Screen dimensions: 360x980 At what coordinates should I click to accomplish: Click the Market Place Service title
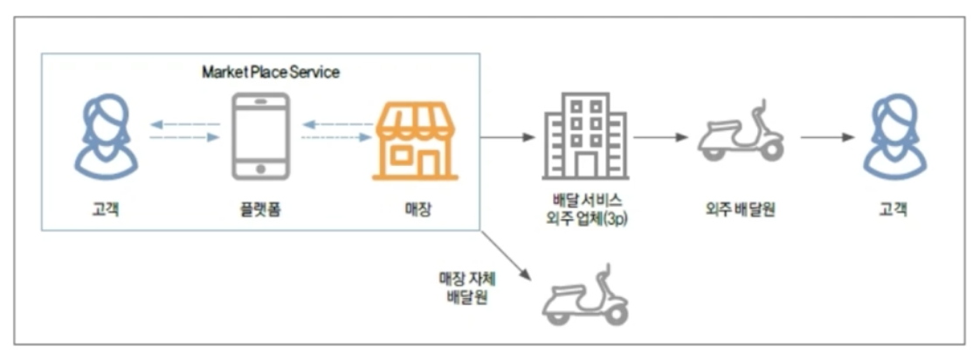(x=271, y=73)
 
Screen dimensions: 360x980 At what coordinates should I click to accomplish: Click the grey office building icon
(x=584, y=136)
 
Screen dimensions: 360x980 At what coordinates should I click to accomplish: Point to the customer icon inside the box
(x=105, y=136)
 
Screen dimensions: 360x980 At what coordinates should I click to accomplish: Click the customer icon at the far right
(x=894, y=136)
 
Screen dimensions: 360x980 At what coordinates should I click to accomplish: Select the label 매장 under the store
(x=416, y=210)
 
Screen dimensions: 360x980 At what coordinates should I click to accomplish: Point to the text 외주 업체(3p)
(x=585, y=219)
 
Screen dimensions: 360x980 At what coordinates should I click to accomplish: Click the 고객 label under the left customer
(x=106, y=210)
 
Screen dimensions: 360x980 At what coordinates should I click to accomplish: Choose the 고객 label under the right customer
(x=894, y=210)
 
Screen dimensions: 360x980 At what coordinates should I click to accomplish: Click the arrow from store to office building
(x=507, y=137)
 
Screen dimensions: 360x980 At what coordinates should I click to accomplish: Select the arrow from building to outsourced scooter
(x=661, y=137)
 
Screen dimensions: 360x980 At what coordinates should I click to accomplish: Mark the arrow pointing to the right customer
(x=826, y=137)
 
